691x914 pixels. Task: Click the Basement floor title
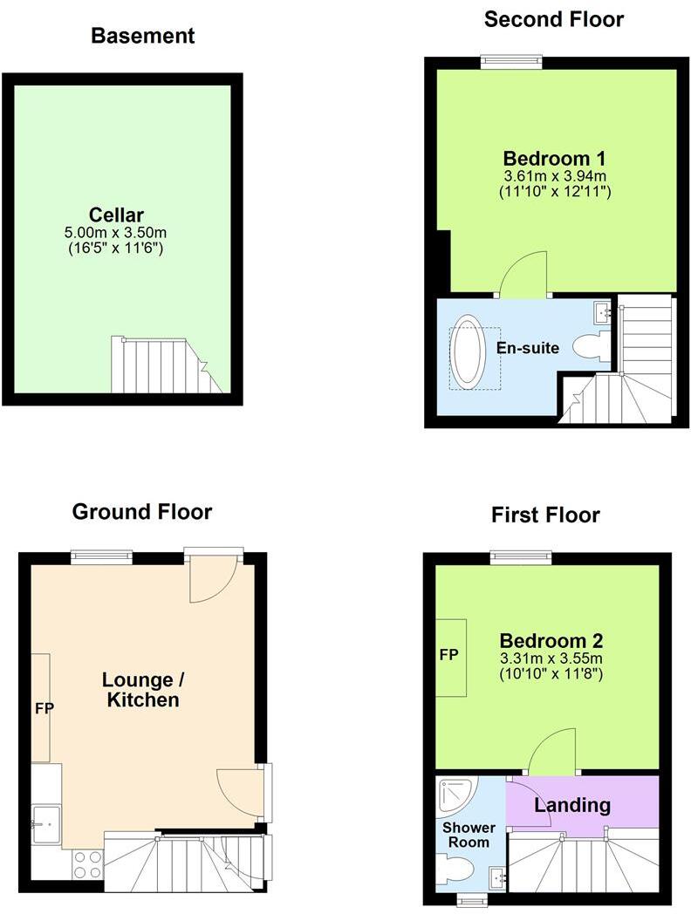pos(142,36)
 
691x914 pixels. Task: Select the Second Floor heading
pos(554,18)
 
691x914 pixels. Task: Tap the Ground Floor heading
pos(141,511)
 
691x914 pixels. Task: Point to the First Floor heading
pos(545,515)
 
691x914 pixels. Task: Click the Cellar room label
pos(116,215)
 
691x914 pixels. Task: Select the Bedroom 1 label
pos(554,159)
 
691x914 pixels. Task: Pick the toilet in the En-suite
pos(592,345)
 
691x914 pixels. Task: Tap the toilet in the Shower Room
pos(457,869)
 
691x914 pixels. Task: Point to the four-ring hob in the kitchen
pos(86,863)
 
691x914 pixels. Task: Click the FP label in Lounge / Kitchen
pos(44,708)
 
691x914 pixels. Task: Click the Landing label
pos(572,804)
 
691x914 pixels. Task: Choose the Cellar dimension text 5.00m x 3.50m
pos(116,233)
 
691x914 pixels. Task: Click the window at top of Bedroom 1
pos(510,60)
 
